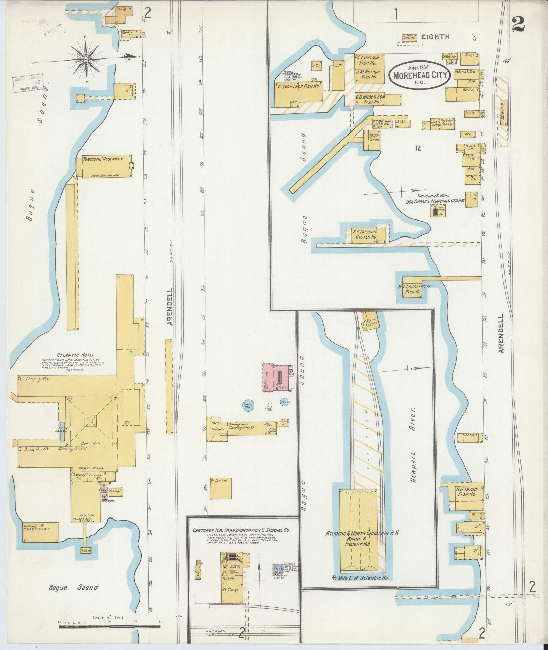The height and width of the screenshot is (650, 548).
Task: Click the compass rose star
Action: click(86, 60)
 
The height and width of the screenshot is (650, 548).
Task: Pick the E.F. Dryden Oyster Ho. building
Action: click(366, 235)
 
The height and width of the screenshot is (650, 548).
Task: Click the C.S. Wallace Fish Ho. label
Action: click(298, 86)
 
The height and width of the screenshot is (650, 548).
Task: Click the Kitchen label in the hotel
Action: click(86, 525)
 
